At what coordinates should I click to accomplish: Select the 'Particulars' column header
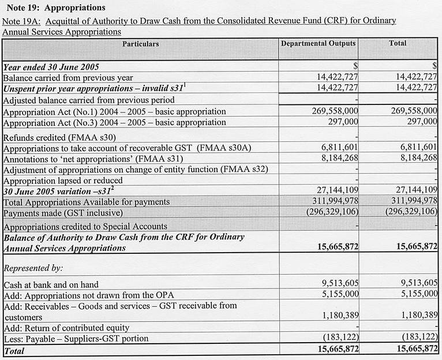(140, 44)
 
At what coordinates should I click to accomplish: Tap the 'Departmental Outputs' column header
(318, 43)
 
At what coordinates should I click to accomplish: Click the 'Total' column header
(398, 43)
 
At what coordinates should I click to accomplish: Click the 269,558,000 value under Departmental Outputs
(335, 111)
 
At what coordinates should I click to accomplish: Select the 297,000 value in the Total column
(421, 122)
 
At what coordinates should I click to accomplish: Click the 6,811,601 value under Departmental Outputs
(339, 148)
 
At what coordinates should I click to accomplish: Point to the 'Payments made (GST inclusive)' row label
(65, 212)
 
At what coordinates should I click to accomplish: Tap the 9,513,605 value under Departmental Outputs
(339, 283)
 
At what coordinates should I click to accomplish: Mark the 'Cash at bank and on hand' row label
(51, 284)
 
